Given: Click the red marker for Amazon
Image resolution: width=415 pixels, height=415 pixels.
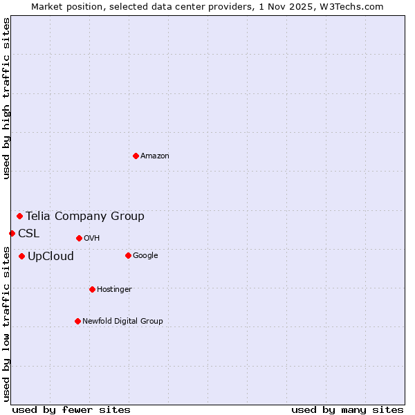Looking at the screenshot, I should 136,156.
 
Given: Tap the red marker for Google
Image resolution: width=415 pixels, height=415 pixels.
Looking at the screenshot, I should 128,255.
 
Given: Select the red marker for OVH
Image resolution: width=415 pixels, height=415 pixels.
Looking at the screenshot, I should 79,238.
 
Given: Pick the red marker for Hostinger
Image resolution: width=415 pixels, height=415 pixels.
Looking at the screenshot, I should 92,289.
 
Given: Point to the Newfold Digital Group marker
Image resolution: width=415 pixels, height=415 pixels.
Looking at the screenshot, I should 77,321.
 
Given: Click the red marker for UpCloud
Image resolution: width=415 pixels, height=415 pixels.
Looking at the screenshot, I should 21,256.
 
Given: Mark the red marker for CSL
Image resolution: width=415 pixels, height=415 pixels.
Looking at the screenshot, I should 12,233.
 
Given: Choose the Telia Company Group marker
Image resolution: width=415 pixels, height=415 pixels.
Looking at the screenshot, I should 19,216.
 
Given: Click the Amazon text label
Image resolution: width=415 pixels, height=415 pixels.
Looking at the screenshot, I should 155,156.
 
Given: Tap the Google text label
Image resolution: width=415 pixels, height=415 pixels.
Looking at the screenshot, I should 145,256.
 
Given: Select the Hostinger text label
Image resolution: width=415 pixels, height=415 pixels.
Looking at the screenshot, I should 114,290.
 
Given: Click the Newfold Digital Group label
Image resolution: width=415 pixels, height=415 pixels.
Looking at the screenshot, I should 122,322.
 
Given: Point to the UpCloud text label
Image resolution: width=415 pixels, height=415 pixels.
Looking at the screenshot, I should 50,257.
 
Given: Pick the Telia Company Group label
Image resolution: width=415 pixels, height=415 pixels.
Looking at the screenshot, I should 85,216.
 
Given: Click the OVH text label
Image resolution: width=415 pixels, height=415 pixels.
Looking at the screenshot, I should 92,239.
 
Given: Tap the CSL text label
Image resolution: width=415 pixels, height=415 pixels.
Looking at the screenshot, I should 29,234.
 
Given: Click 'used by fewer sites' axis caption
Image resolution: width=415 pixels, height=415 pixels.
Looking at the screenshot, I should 71,409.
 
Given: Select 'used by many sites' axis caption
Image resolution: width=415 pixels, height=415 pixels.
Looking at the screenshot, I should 347,409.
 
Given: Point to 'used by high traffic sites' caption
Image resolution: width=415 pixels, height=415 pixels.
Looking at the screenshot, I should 6,98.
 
